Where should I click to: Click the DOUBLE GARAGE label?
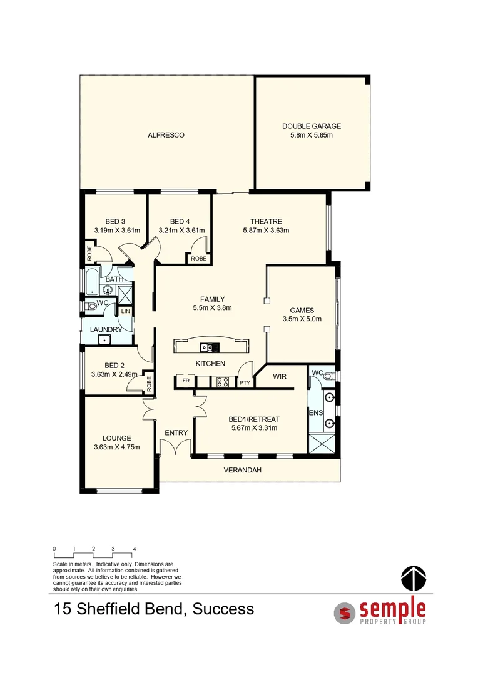pos(311,126)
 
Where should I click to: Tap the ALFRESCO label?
pos(166,135)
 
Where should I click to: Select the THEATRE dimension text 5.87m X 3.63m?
pos(266,231)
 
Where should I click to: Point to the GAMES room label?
pos(302,310)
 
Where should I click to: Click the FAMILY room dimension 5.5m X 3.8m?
pos(212,307)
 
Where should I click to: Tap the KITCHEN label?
pos(210,364)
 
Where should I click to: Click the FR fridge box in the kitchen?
pos(186,381)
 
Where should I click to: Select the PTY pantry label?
pos(244,382)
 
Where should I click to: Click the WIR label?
pos(280,377)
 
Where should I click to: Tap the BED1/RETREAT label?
pos(253,419)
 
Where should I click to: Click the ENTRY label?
pos(176,433)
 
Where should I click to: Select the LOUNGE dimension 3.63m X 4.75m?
pos(116,447)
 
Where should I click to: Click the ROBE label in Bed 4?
pos(198,259)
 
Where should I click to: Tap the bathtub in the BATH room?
pos(92,281)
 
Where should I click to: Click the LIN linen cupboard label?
pos(125,311)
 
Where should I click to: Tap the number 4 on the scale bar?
pos(134,549)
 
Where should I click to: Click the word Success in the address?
pos(223,609)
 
